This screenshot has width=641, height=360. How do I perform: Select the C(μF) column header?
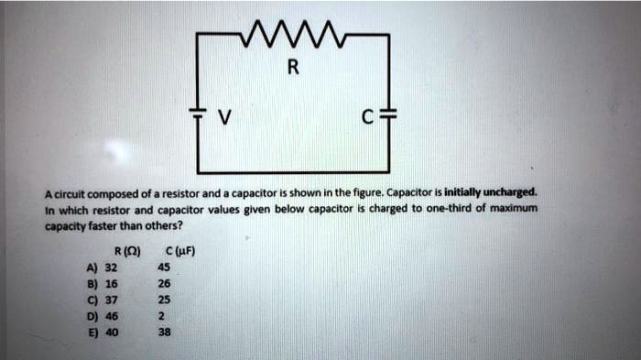click(176, 254)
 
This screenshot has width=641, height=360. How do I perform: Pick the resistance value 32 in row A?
click(112, 268)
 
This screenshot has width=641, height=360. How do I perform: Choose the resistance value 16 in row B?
click(112, 284)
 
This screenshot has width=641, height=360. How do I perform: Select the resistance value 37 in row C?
click(112, 300)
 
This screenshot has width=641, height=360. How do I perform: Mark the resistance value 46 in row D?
click(112, 315)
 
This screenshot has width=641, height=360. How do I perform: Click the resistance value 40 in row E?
click(112, 332)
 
